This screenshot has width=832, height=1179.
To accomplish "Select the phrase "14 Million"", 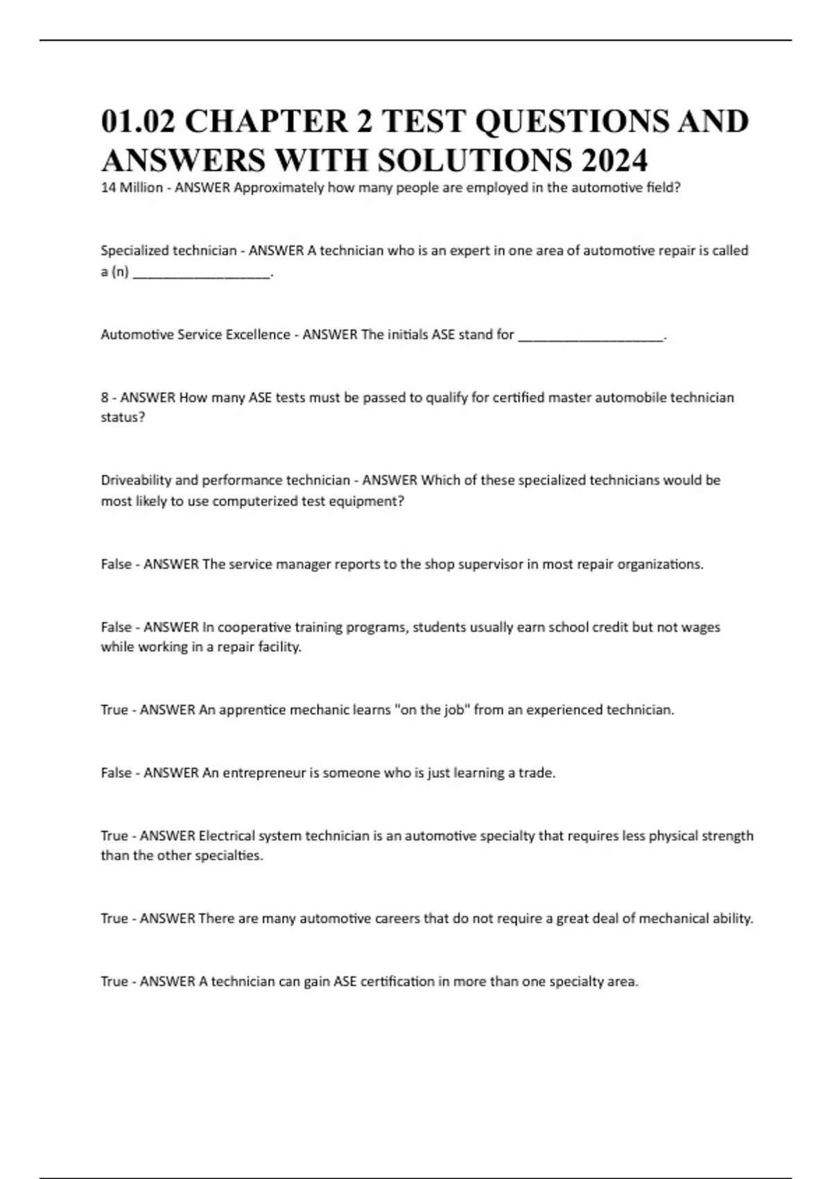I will pos(132,187).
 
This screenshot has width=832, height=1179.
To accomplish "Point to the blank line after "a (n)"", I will pos(201,273).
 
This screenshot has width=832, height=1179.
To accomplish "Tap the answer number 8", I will pos(105,397).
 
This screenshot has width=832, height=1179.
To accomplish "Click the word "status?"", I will pos(123,418).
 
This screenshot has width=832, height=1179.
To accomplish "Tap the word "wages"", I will pos(700,627).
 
